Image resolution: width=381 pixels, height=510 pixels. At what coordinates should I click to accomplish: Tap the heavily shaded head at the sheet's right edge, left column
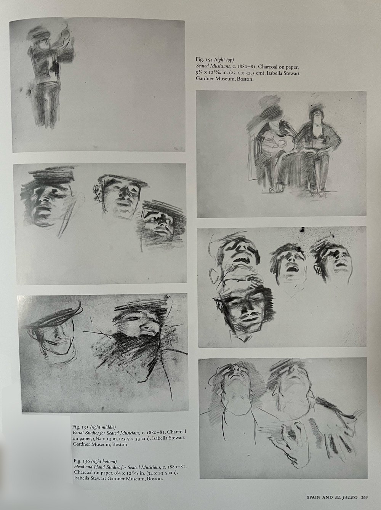tap(160, 221)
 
